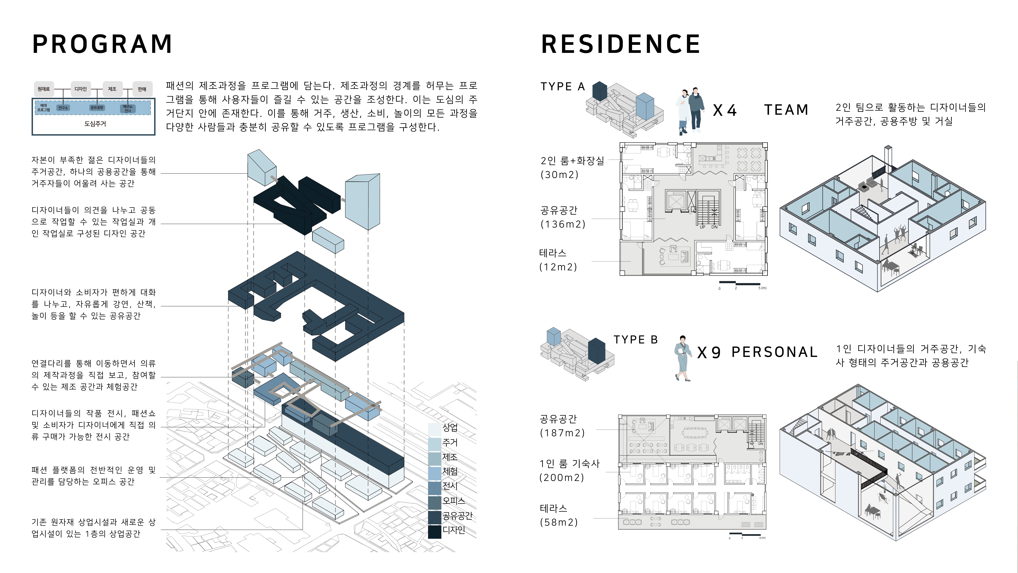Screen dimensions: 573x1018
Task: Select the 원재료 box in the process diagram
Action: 44,89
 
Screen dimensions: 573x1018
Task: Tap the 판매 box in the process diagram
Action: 142,89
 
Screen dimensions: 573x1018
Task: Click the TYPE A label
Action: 562,87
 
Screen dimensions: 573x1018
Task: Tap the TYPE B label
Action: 635,340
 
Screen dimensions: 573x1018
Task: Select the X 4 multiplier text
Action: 725,110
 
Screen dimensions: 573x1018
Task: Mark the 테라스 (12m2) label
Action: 558,260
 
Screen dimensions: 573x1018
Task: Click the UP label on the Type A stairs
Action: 702,227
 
